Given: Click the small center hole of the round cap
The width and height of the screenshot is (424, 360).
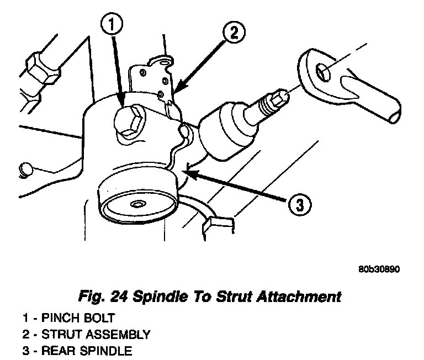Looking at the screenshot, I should click(x=135, y=205).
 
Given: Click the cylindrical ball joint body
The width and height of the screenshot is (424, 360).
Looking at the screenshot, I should click(x=221, y=130).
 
